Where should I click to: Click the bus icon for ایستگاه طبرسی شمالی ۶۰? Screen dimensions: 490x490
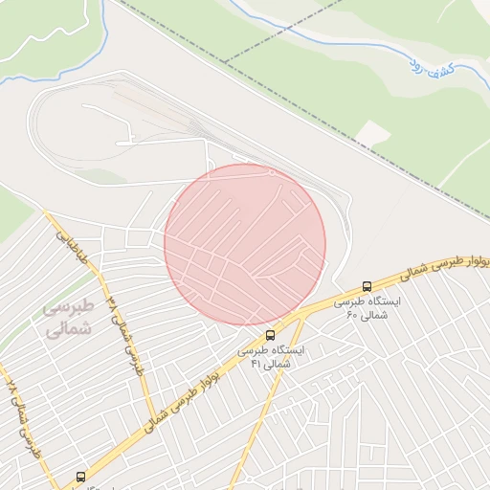tap(367, 286)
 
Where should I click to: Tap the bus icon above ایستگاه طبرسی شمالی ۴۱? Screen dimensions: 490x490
tap(270, 335)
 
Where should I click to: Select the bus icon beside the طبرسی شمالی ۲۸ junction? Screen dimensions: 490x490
tap(80, 476)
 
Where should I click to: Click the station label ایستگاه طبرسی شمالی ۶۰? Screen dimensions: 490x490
tap(367, 307)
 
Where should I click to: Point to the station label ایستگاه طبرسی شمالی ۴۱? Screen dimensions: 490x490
tap(272, 356)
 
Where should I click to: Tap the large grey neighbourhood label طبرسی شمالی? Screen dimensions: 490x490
tap(69, 318)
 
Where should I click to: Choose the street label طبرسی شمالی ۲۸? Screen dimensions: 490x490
tap(23, 421)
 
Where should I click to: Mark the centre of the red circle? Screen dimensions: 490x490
tap(245, 244)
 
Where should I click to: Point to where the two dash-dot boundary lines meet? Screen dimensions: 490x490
tap(224, 60)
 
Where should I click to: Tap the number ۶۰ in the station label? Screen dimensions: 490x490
tap(351, 314)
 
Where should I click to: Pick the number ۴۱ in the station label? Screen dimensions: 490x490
tap(256, 363)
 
